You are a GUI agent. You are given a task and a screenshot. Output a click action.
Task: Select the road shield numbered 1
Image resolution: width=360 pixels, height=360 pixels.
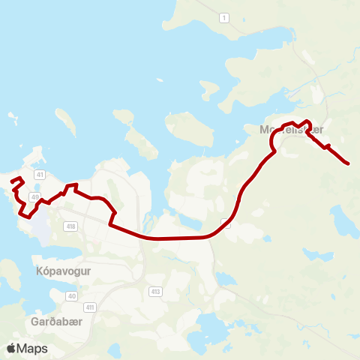click(x=223, y=16)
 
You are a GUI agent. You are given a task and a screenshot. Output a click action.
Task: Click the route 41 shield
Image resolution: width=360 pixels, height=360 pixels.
click(x=40, y=174)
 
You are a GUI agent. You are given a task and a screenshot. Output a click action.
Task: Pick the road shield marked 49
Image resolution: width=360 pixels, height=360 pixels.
click(x=34, y=196)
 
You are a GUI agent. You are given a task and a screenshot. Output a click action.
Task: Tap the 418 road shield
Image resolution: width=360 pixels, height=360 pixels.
click(x=71, y=226)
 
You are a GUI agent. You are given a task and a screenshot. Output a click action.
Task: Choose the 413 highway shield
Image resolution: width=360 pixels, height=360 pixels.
click(x=155, y=291)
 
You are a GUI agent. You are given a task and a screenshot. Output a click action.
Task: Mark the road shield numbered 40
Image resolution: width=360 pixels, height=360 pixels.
click(x=72, y=296)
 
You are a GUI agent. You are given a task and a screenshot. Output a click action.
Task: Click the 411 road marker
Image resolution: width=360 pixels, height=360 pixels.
click(x=90, y=307)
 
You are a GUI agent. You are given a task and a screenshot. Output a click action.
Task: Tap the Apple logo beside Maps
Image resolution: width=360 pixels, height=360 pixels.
click(x=11, y=348)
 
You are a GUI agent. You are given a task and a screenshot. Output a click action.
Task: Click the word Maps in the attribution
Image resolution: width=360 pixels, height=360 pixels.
click(x=32, y=348)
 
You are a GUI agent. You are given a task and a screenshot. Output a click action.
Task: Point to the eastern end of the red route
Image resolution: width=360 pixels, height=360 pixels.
click(x=349, y=163)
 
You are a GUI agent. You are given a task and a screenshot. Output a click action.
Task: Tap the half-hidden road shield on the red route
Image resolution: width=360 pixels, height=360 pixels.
click(x=226, y=222)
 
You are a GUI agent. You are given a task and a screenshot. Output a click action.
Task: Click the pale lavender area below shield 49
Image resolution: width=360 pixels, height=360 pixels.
click(x=40, y=229)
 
